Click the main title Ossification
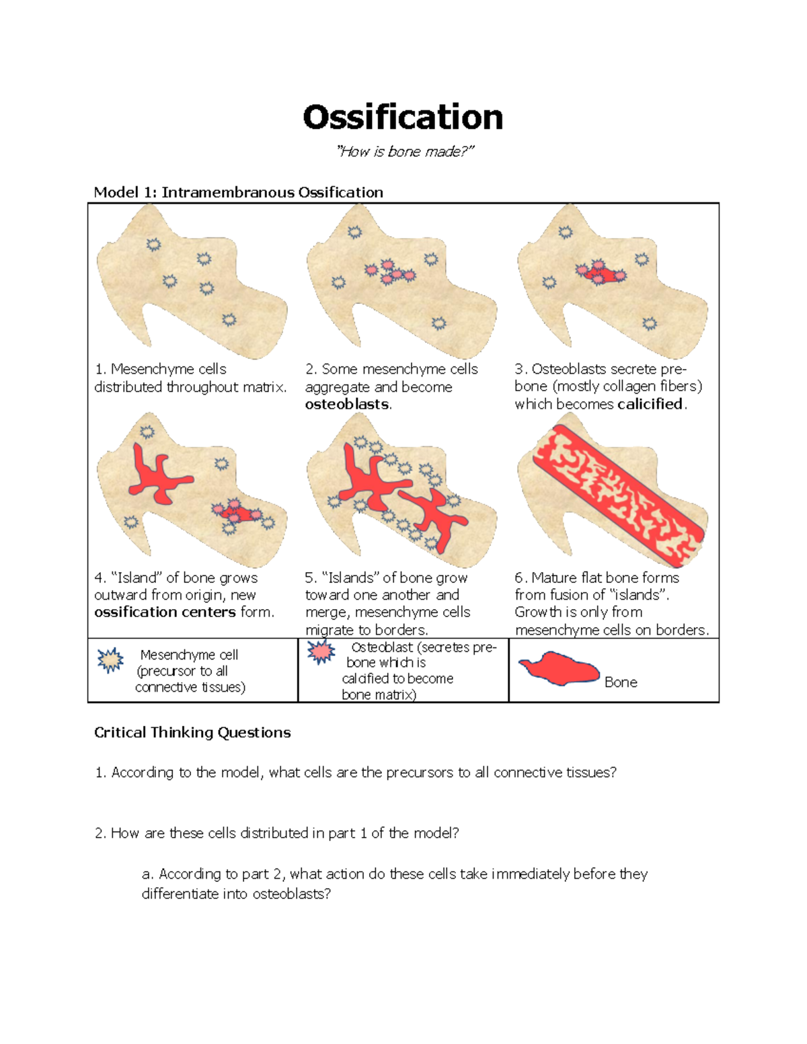tap(403, 118)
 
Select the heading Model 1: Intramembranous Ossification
tap(238, 192)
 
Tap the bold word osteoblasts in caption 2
tap(347, 405)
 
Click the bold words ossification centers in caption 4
tap(165, 612)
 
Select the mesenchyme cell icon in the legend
tap(110, 661)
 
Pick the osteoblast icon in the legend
tap(321, 651)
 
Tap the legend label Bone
tap(621, 682)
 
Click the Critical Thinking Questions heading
tap(192, 733)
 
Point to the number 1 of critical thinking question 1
tap(100, 773)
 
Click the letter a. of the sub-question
tap(148, 874)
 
